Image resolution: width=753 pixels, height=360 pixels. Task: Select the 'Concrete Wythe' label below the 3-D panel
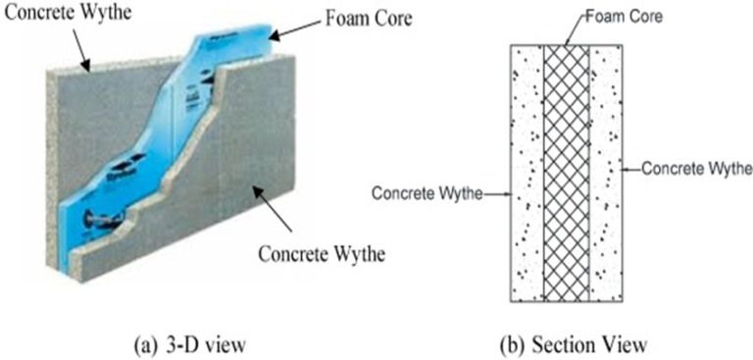click(323, 253)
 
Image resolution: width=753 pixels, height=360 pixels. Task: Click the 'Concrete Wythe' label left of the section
click(426, 192)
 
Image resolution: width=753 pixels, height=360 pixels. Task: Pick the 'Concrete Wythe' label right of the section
click(697, 169)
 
